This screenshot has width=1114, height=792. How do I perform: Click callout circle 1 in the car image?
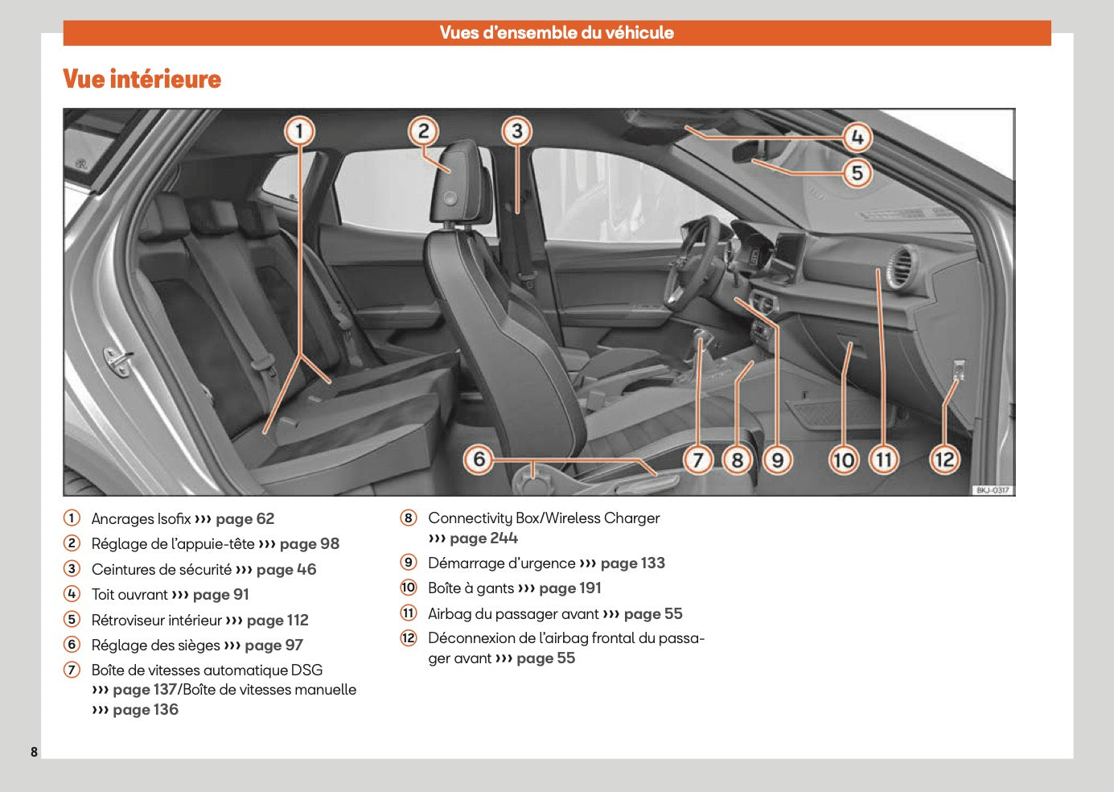tap(299, 130)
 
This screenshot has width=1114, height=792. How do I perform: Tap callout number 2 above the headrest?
tap(423, 130)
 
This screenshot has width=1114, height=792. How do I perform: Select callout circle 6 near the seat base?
tap(479, 460)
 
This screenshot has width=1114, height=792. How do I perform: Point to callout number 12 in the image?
tap(944, 460)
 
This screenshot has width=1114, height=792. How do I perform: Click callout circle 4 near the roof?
tap(857, 138)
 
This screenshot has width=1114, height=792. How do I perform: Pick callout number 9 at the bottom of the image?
tap(777, 460)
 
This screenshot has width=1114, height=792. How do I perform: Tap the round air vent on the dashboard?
tap(900, 266)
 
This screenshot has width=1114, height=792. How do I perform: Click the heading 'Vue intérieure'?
tap(142, 79)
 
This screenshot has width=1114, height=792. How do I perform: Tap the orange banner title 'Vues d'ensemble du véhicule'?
tap(557, 33)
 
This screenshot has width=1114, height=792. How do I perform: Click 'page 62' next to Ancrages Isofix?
tap(245, 519)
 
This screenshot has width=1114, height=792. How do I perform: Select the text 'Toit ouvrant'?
tap(129, 595)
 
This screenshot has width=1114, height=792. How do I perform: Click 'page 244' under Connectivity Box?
tap(483, 538)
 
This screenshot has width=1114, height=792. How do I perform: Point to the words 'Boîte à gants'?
tap(471, 588)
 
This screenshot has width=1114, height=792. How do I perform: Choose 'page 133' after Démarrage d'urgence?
tap(632, 563)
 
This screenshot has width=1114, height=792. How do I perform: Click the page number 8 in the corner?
tap(34, 752)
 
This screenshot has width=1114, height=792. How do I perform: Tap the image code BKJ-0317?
tap(993, 490)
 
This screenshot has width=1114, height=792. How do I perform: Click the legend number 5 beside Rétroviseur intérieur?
tap(72, 620)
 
